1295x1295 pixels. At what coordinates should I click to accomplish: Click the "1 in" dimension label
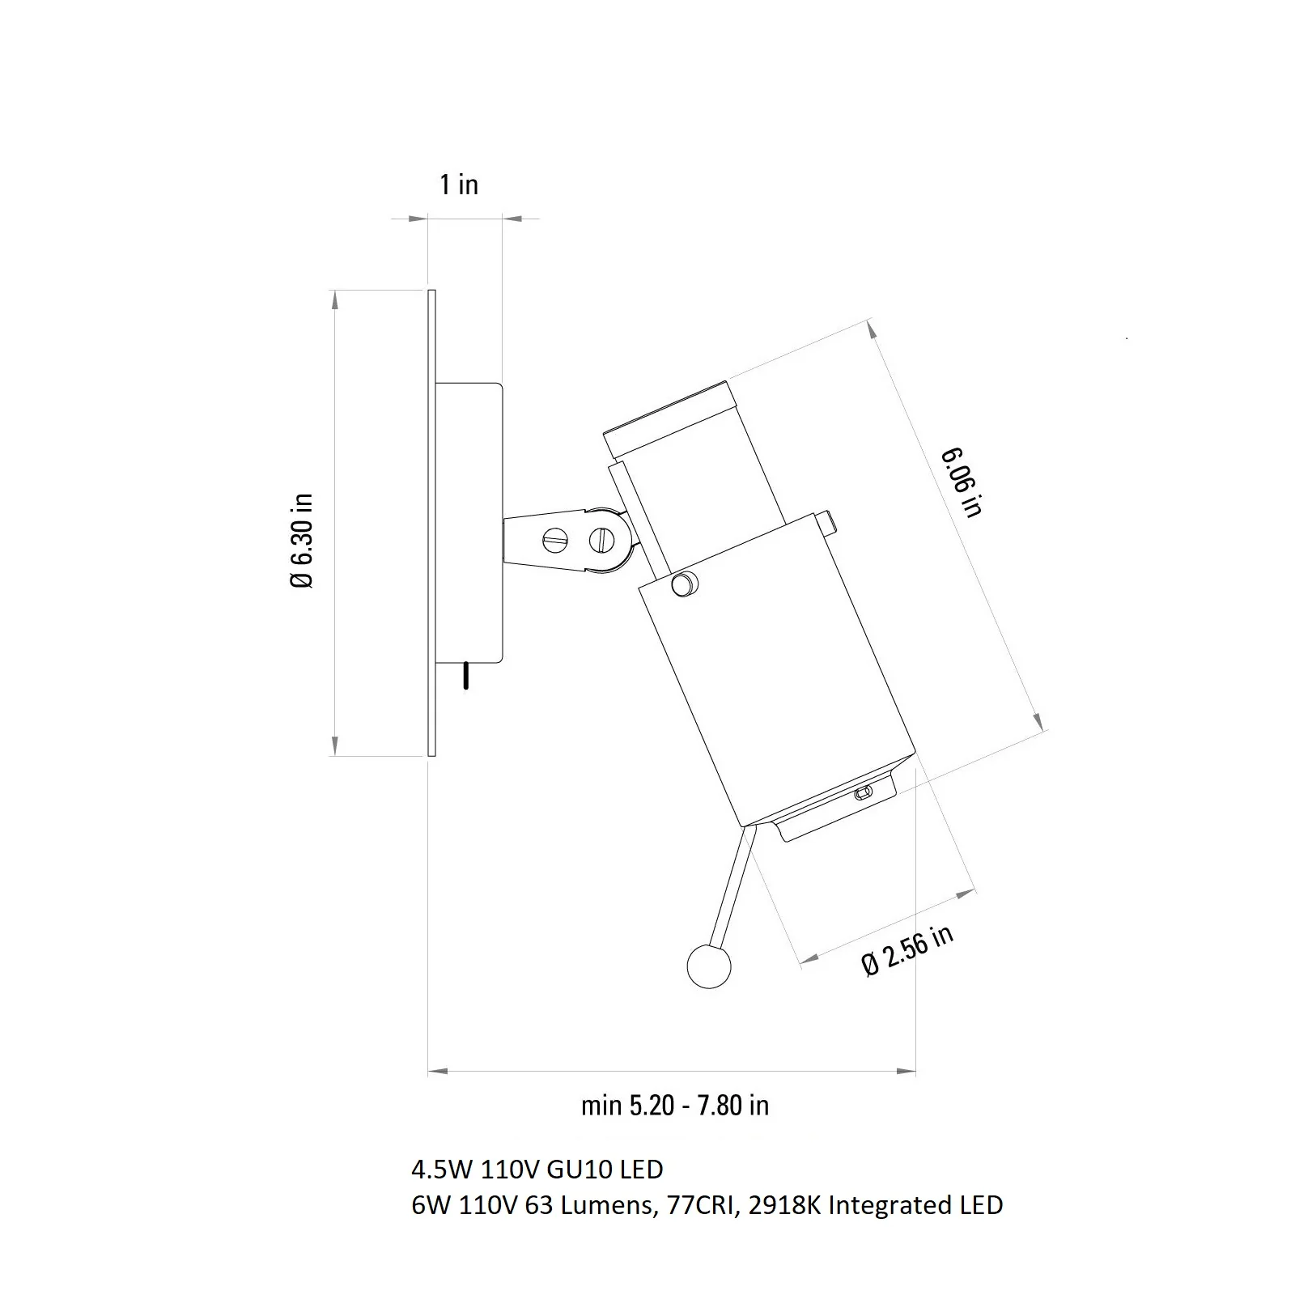pyautogui.click(x=459, y=185)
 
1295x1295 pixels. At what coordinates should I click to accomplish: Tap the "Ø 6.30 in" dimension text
pyautogui.click(x=301, y=540)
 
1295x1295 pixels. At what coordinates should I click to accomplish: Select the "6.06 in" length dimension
pyautogui.click(x=962, y=482)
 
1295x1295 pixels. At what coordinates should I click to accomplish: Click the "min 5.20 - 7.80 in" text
pyautogui.click(x=675, y=1105)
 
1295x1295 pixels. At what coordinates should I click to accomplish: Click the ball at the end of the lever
pyautogui.click(x=708, y=966)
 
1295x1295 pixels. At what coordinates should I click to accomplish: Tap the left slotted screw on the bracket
pyautogui.click(x=554, y=541)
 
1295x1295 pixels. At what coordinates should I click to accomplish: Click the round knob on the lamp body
pyautogui.click(x=684, y=584)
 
